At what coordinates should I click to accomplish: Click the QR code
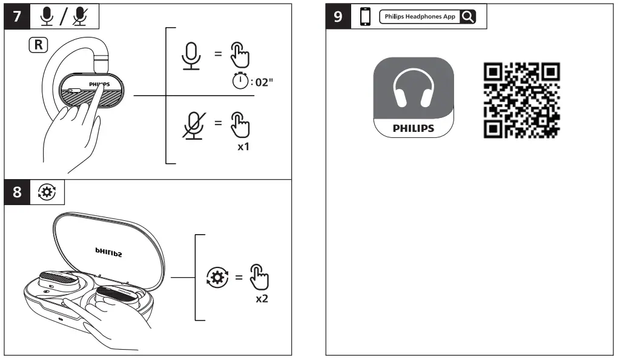[x=521, y=99]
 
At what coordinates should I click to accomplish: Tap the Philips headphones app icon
[x=414, y=97]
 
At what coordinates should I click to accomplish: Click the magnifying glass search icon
[x=467, y=17]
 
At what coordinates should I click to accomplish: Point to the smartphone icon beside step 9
[x=364, y=17]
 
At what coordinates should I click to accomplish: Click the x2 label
[x=262, y=299]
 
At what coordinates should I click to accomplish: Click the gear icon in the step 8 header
[x=45, y=193]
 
